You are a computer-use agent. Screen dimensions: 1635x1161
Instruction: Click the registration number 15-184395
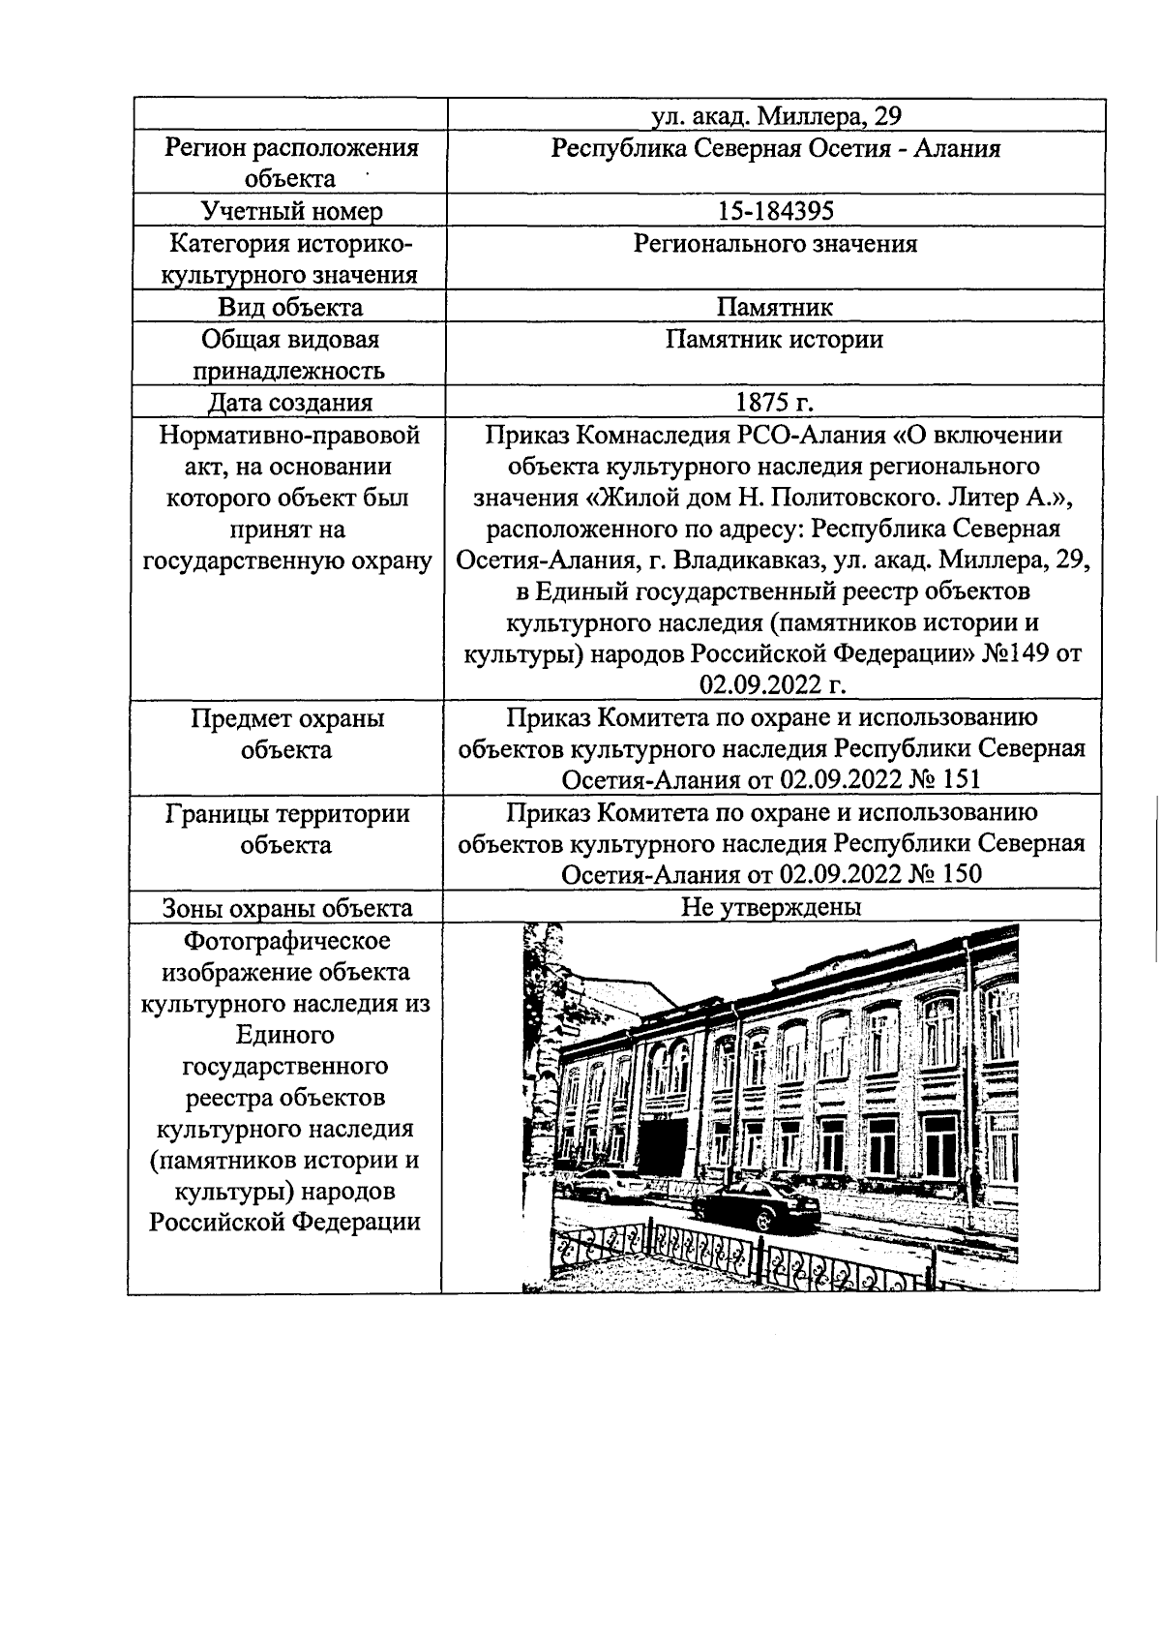pyautogui.click(x=775, y=211)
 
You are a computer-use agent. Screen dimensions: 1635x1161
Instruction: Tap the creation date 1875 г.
pyautogui.click(x=775, y=403)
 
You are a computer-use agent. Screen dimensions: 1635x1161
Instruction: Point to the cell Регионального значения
pyautogui.click(x=775, y=244)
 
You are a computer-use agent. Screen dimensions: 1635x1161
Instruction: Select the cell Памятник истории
pyautogui.click(x=774, y=340)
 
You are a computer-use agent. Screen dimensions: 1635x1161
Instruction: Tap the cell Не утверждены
pyautogui.click(x=771, y=907)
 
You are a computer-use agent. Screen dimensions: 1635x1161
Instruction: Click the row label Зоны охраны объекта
pyautogui.click(x=287, y=908)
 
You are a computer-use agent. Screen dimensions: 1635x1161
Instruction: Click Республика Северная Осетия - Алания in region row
pyautogui.click(x=775, y=148)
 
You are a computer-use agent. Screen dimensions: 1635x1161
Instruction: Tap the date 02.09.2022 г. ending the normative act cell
pyautogui.click(x=774, y=685)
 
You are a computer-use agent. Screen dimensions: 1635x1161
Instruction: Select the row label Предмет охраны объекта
pyautogui.click(x=287, y=734)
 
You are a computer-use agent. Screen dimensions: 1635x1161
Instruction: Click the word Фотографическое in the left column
pyautogui.click(x=287, y=940)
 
